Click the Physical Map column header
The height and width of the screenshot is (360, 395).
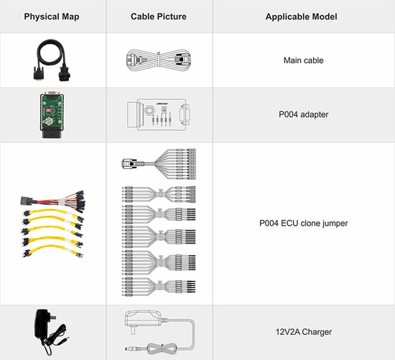pos(52,16)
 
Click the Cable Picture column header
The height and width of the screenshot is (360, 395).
pos(159,16)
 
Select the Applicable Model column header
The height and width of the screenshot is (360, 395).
pos(303,16)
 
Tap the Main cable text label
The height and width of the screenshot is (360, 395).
pos(303,60)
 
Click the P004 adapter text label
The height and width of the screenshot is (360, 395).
pos(303,114)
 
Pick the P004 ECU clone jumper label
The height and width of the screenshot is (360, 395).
pos(303,223)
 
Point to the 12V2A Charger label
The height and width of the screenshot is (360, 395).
pos(303,331)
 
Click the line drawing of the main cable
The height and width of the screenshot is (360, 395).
pos(159,60)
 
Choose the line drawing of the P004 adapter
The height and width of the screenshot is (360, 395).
pos(159,114)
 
